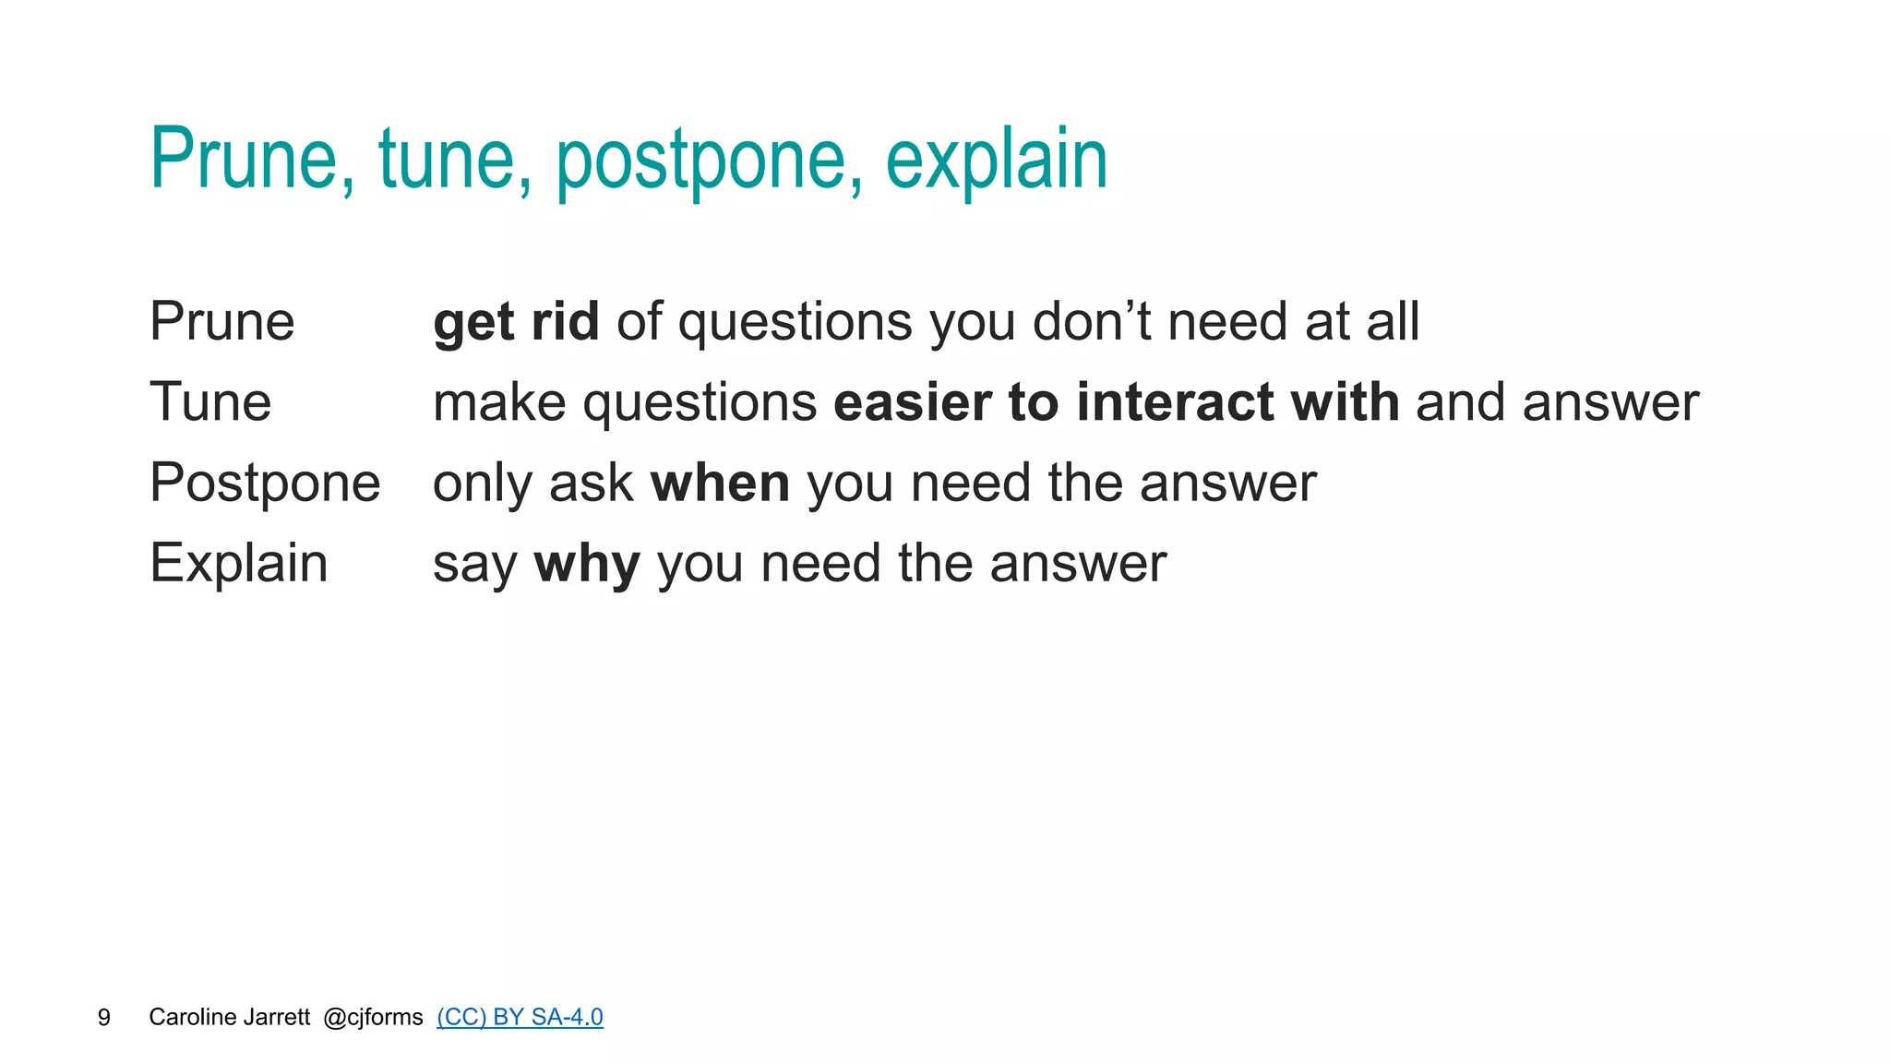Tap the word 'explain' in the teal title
[997, 161]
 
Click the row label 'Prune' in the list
[222, 322]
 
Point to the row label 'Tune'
[210, 402]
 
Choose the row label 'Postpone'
[265, 484]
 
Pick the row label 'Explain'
[238, 564]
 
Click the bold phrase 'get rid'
[516, 323]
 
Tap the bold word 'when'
[720, 484]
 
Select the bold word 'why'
[587, 565]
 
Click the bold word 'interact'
[1175, 402]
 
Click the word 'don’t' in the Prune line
[1092, 322]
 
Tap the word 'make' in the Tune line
[499, 403]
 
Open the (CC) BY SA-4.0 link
[520, 1017]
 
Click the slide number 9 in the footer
[103, 1017]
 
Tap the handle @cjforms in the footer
[373, 1017]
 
